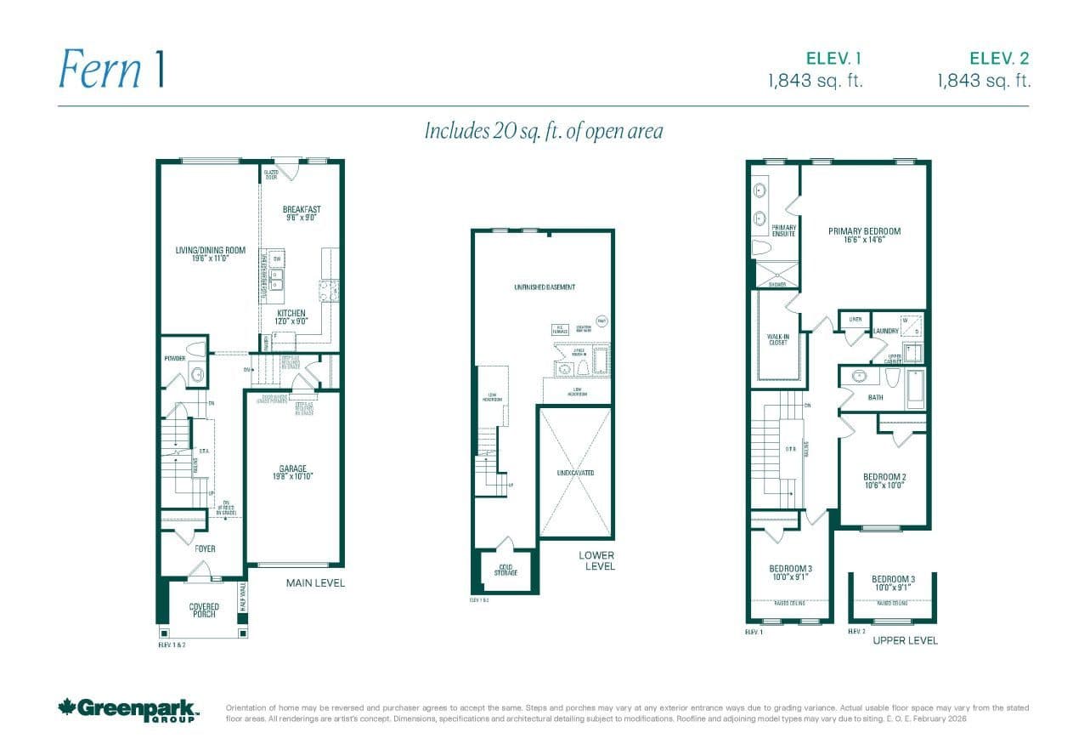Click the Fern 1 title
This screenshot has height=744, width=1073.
pos(110,69)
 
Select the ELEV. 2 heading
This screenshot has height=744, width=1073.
pos(999,59)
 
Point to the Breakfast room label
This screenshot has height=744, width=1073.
pos(302,213)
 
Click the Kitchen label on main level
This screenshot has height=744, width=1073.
pos(291,317)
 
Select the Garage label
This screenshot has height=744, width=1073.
pos(293,473)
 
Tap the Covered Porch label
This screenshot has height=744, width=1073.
pos(204,611)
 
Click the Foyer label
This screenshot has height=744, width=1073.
pos(205,548)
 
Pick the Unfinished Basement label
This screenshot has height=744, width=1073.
pos(544,287)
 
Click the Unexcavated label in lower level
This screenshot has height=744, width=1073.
pos(575,473)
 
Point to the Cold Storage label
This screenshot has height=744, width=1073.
pos(505,570)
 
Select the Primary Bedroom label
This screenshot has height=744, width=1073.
pos(864,235)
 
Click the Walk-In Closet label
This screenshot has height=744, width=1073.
pos(778,339)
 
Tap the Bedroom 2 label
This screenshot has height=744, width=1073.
pos(884,480)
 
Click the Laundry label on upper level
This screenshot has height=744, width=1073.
pos(885,331)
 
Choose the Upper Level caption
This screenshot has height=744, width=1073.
pos(905,640)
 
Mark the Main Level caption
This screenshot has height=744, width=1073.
pos(315,583)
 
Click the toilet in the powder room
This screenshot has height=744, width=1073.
pos(196,349)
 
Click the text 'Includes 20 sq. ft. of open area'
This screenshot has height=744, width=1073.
pos(543,131)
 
